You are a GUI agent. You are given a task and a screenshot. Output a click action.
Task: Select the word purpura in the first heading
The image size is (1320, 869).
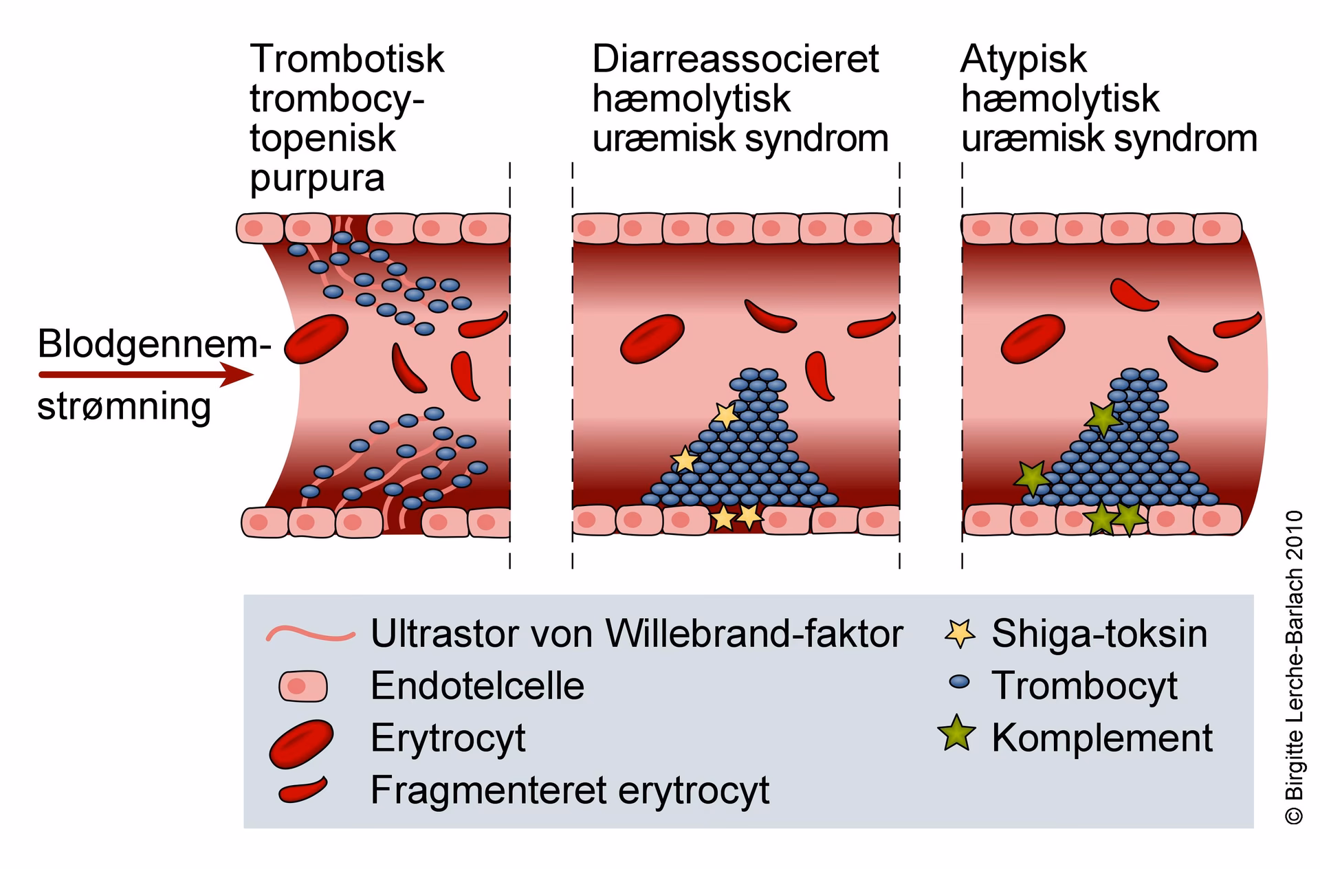tap(317, 178)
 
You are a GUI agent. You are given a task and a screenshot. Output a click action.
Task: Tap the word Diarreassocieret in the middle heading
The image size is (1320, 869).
tap(735, 59)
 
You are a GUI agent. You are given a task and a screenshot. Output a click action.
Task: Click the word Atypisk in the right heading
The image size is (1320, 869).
tap(1023, 59)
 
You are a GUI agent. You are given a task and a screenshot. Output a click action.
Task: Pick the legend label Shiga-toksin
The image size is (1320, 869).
tap(1099, 634)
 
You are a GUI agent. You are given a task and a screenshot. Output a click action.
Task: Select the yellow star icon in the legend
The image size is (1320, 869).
tap(960, 633)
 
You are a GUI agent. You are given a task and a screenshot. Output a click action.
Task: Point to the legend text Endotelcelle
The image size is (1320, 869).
tap(477, 686)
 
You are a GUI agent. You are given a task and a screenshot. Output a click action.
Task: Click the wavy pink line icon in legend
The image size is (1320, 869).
tap(311, 634)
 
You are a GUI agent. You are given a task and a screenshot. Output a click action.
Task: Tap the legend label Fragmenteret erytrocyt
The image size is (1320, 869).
tap(569, 790)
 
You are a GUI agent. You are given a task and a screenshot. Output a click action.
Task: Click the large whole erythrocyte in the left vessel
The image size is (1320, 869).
tap(316, 339)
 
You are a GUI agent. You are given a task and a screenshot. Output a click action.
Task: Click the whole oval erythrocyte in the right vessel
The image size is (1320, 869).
tap(1033, 339)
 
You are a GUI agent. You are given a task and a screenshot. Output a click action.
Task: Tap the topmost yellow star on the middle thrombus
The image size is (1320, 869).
tap(725, 415)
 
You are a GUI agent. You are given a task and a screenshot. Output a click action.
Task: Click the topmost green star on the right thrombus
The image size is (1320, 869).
tap(1103, 417)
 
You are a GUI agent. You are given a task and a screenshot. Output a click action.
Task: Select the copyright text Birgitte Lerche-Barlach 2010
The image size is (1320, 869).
tap(1293, 667)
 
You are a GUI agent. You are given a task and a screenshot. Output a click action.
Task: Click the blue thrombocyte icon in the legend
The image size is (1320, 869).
tap(958, 682)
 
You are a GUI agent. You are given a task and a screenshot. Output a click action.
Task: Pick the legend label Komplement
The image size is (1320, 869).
tap(1101, 738)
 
